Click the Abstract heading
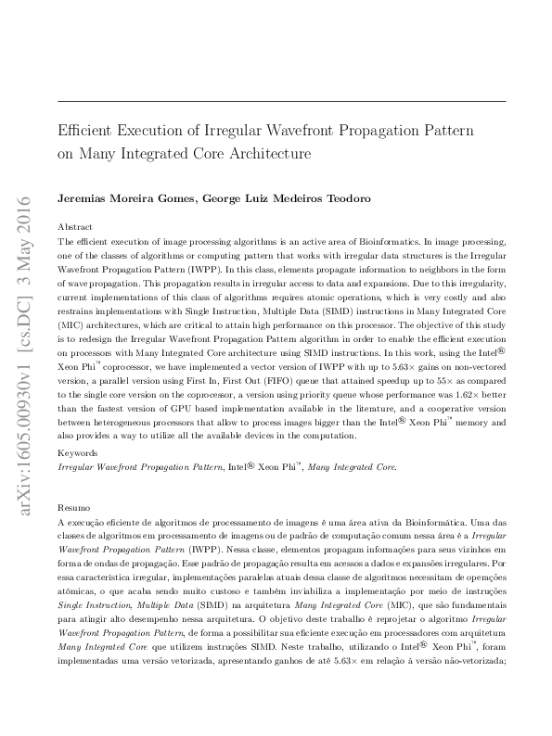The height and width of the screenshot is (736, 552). (x=75, y=226)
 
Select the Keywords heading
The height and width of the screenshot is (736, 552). (x=77, y=452)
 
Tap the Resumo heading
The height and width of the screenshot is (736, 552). (x=74, y=508)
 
